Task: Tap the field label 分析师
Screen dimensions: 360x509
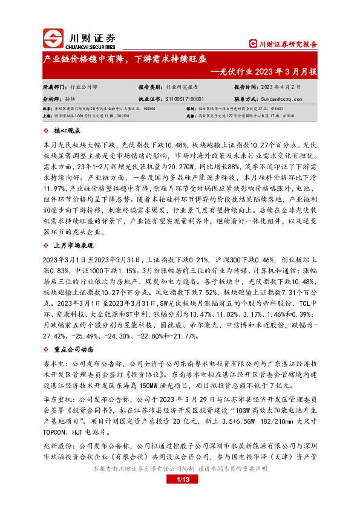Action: tap(51, 98)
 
